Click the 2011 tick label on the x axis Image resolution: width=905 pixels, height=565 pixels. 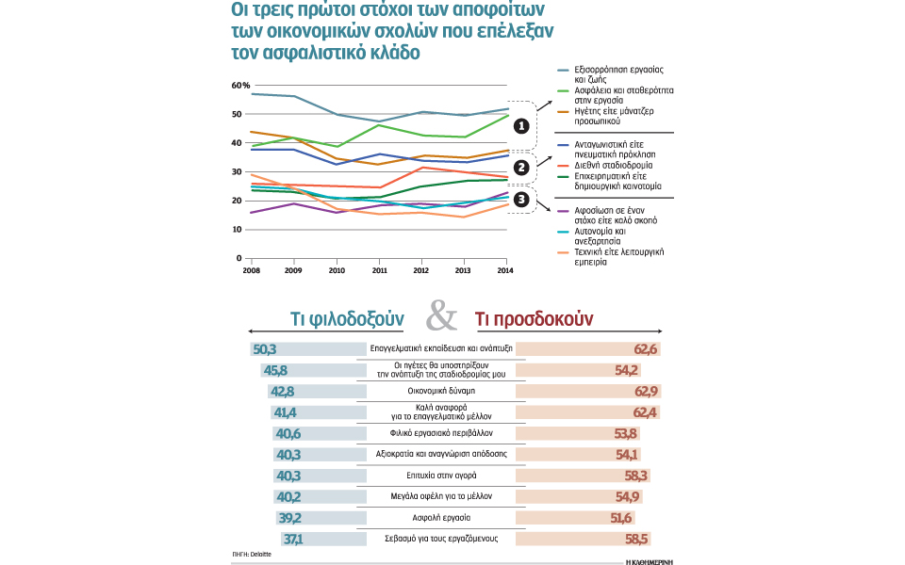pos(379,270)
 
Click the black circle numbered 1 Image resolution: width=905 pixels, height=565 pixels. pos(521,125)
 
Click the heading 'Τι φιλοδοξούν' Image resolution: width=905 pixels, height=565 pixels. pos(347,319)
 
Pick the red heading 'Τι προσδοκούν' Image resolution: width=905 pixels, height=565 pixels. pos(533,319)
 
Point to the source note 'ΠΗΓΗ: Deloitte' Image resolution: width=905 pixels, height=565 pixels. pos(252,555)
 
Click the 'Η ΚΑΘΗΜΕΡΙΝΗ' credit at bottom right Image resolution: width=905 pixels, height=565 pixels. pos(651,559)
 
